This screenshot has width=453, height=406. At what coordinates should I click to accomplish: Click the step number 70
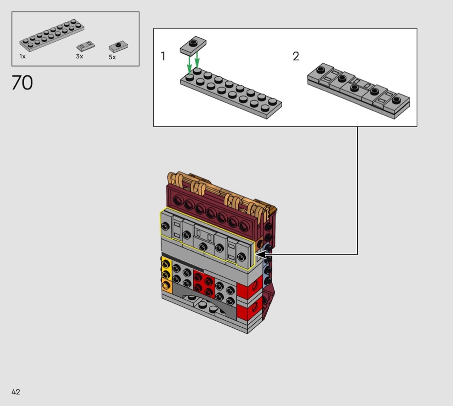pyautogui.click(x=22, y=83)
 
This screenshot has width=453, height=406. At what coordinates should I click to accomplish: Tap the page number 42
pyautogui.click(x=16, y=392)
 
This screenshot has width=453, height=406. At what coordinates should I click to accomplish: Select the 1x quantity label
pyautogui.click(x=22, y=56)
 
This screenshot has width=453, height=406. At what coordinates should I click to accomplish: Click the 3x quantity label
pyautogui.click(x=79, y=56)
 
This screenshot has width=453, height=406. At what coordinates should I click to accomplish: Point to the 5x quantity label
pyautogui.click(x=112, y=57)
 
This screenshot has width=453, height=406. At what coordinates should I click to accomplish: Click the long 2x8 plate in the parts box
pyautogui.click(x=52, y=35)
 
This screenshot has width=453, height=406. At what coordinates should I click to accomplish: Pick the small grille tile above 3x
pyautogui.click(x=86, y=46)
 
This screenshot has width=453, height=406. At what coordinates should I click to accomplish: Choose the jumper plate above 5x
pyautogui.click(x=119, y=46)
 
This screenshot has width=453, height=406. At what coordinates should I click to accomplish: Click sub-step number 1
pyautogui.click(x=163, y=56)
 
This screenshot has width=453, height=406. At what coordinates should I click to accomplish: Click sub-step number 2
pyautogui.click(x=296, y=56)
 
